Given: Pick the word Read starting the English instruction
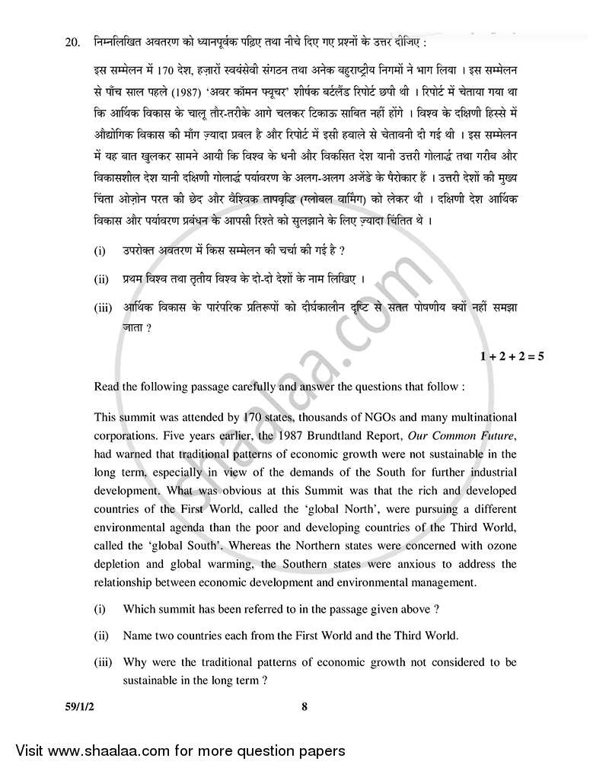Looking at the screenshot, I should click(x=107, y=387).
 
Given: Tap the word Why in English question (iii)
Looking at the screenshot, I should click(x=136, y=662).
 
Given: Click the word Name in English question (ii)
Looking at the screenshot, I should click(x=139, y=635).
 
